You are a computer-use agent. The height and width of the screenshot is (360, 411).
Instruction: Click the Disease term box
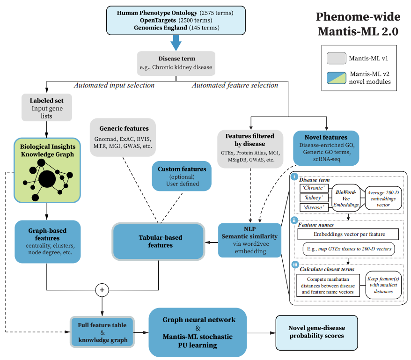click(x=176, y=63)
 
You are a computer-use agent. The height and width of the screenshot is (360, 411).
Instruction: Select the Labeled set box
click(x=47, y=108)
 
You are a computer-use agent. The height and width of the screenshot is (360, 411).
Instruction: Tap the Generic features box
click(x=123, y=137)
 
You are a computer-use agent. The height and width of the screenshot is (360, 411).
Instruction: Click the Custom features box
click(x=182, y=176)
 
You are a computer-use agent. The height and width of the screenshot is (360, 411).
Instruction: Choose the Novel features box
click(x=326, y=148)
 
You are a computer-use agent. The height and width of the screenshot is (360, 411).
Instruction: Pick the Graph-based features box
click(x=47, y=242)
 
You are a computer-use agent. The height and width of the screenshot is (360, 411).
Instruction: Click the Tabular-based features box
click(x=158, y=242)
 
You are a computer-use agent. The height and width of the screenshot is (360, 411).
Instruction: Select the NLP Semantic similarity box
click(x=250, y=240)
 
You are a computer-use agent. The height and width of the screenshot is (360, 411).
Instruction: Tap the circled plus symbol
click(x=102, y=290)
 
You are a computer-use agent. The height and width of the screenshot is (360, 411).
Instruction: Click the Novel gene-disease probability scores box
click(x=316, y=333)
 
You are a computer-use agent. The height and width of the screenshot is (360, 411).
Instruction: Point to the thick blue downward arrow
click(x=176, y=43)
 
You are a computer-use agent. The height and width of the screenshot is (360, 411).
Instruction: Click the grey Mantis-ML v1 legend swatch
click(x=336, y=58)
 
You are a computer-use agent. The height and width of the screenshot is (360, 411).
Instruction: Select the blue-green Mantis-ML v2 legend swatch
click(x=336, y=78)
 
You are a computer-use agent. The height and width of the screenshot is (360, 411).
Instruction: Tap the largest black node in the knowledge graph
click(x=47, y=179)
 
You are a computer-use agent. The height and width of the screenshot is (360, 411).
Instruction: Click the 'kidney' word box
click(x=314, y=198)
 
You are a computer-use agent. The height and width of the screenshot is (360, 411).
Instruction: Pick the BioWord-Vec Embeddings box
click(x=346, y=198)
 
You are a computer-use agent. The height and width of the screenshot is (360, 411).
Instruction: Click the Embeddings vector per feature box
click(x=348, y=234)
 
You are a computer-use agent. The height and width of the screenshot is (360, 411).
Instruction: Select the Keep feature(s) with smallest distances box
click(x=383, y=285)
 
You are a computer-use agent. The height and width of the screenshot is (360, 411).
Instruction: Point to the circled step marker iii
click(x=295, y=264)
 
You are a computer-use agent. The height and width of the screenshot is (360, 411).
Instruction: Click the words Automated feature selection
click(x=235, y=86)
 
